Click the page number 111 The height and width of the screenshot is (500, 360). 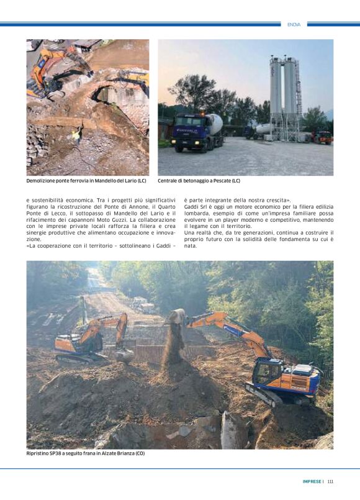coord(331,481)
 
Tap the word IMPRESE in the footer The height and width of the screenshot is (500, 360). coord(312,481)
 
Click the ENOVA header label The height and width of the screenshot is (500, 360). coord(294,24)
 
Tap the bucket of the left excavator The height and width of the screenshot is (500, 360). coord(124,356)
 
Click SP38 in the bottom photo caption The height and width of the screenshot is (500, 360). coord(60,453)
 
